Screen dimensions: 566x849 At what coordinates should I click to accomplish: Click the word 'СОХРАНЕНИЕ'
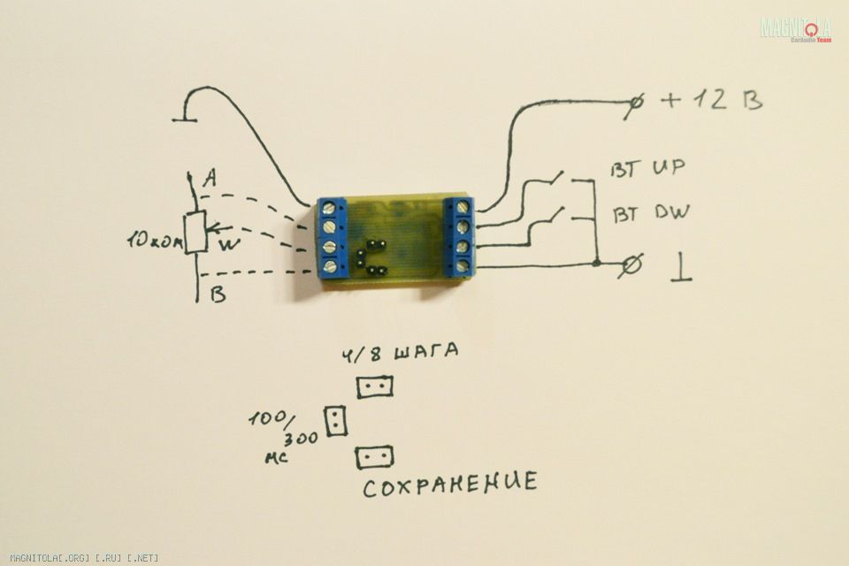click(449, 483)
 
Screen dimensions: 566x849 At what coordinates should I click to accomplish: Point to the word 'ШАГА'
click(427, 352)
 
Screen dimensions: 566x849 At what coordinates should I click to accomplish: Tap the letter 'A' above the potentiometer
click(209, 180)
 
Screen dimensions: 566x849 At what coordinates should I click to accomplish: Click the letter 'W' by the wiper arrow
click(227, 244)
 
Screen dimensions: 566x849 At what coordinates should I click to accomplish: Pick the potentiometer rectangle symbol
click(195, 233)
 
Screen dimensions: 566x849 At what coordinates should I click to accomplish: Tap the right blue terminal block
click(462, 236)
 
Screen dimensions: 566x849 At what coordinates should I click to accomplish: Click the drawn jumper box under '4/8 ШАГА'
click(375, 386)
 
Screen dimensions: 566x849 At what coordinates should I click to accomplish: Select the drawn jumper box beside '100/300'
click(336, 421)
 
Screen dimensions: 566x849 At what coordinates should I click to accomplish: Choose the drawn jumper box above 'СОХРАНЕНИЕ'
click(374, 456)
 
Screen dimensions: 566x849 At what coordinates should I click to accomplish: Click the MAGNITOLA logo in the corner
click(795, 28)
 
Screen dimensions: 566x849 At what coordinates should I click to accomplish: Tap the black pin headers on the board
click(371, 256)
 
